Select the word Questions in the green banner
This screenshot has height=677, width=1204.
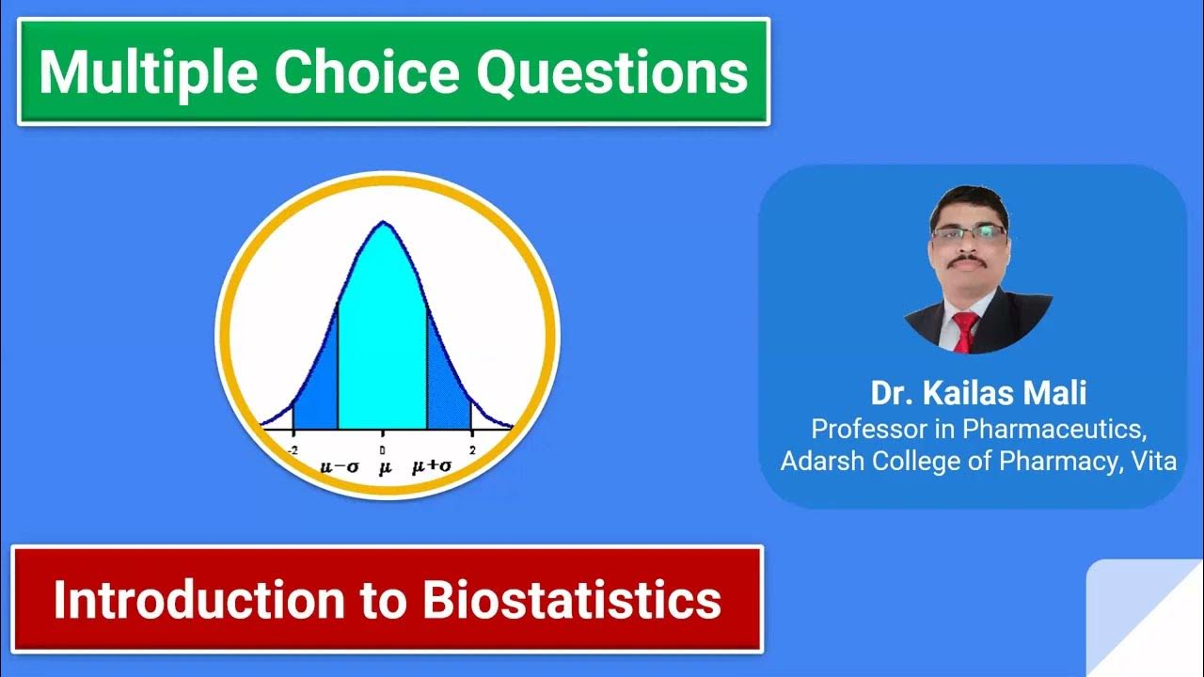[x=612, y=71]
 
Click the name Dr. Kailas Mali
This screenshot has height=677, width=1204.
[x=978, y=393]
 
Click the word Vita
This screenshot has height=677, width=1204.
[x=1155, y=462]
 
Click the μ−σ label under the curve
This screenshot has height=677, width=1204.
[x=338, y=467]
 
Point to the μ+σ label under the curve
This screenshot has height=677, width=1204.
[x=429, y=467]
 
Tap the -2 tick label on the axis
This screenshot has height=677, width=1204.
[x=293, y=451]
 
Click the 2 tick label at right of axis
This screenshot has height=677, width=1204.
[x=471, y=451]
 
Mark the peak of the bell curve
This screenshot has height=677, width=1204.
[x=383, y=223]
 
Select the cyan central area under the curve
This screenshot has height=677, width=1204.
[x=383, y=348]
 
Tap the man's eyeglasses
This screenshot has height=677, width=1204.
[x=969, y=232]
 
